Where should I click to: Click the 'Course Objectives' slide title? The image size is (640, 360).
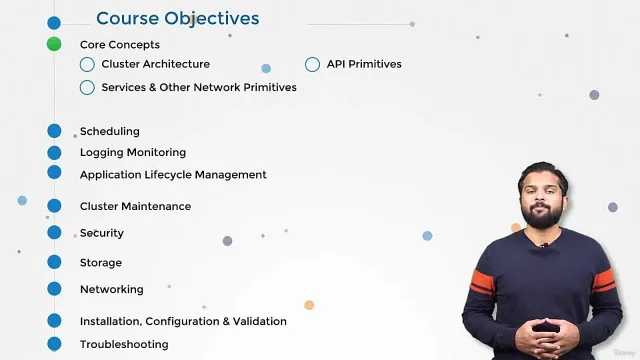tap(178, 18)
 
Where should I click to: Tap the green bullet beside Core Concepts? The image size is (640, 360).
tap(54, 44)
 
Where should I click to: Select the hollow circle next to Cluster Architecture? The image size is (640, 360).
tap(87, 64)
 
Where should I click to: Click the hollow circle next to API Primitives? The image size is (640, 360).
tap(312, 64)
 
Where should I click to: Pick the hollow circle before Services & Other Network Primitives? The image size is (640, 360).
tap(87, 88)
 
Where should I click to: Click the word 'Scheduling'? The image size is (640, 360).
tap(110, 131)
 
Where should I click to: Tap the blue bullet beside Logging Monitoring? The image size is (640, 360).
tap(54, 153)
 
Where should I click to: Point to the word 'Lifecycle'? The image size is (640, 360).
tap(168, 175)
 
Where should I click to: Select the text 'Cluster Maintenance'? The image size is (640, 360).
tap(136, 206)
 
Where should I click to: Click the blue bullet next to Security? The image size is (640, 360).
tap(54, 232)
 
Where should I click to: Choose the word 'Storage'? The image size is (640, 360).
tap(101, 263)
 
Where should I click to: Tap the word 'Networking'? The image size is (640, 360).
tap(112, 289)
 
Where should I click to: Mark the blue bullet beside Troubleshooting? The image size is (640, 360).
tap(54, 344)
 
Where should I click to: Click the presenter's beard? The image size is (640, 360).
tap(542, 214)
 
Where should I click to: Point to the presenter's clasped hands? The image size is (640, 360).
tap(545, 333)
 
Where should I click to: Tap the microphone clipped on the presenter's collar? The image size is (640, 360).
tap(543, 246)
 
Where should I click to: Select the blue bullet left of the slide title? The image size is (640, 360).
tap(54, 23)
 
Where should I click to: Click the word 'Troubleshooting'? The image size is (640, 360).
tap(124, 344)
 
